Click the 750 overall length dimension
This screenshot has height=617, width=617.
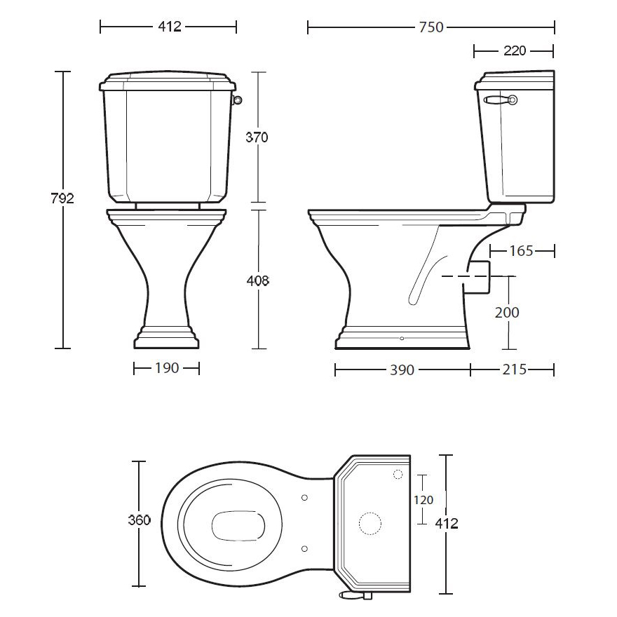431,27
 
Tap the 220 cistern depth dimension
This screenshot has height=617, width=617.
515,50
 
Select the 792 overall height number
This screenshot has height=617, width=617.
62,198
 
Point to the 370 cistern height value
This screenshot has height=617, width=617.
257,137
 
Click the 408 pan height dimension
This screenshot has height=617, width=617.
258,280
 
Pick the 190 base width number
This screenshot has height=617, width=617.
167,368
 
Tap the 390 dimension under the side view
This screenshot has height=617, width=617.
402,370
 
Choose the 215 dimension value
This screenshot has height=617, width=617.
515,369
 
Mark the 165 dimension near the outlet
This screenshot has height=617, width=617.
522,251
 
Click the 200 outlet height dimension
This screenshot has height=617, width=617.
507,313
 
